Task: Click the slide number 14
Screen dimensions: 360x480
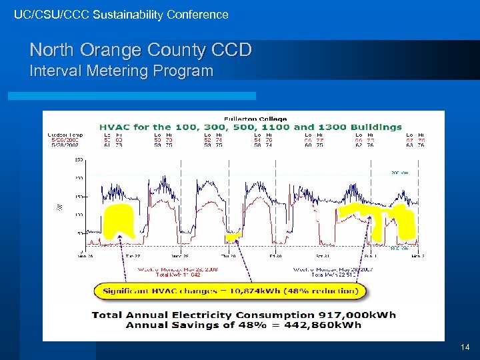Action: point(465,347)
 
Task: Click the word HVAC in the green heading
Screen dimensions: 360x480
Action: point(115,127)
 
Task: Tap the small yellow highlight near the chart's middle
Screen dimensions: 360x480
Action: point(232,236)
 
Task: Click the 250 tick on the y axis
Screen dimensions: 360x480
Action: point(79,160)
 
